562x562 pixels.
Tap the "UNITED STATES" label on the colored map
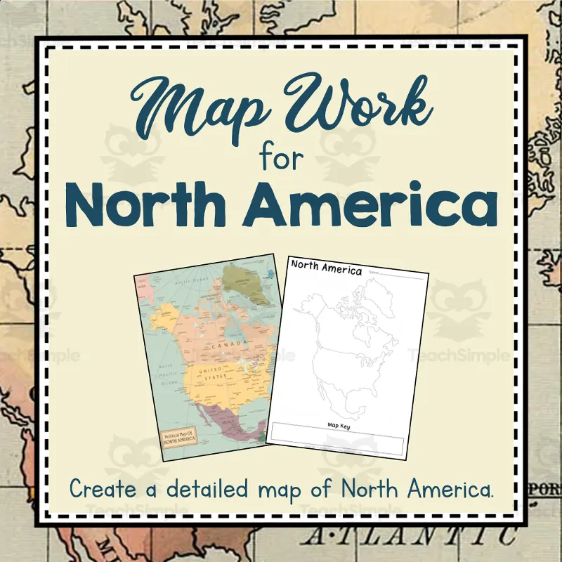click(x=215, y=372)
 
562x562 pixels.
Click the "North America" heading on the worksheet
click(x=327, y=268)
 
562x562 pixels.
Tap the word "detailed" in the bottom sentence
click(x=212, y=489)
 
